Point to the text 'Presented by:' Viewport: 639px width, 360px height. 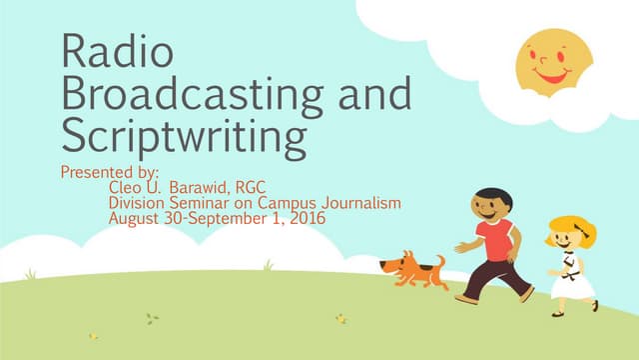pyautogui.click(x=110, y=172)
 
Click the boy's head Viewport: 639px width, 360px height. pyautogui.click(x=491, y=207)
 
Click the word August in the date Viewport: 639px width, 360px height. pyautogui.click(x=134, y=218)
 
